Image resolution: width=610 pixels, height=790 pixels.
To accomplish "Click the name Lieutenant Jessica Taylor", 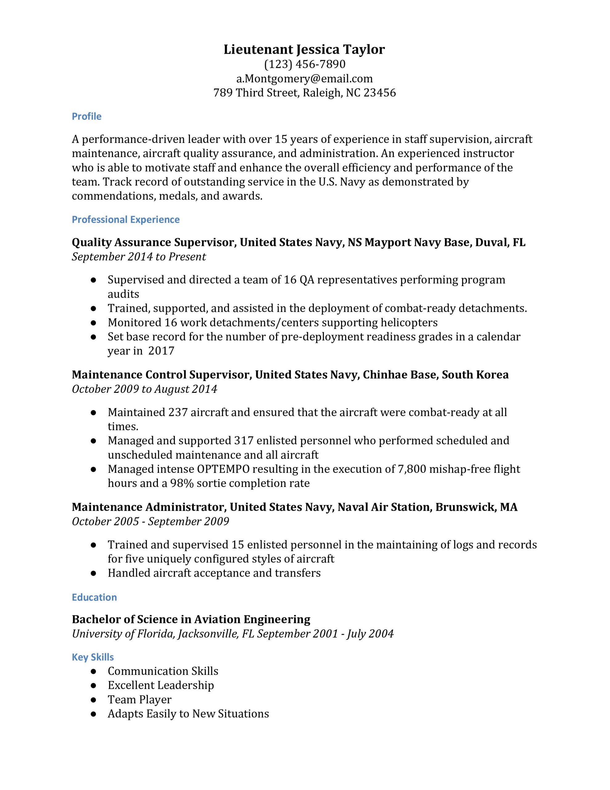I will [x=304, y=50].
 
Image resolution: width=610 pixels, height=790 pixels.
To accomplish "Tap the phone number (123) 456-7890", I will [x=304, y=64].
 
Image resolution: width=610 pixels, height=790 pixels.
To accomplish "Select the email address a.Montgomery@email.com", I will [x=304, y=78].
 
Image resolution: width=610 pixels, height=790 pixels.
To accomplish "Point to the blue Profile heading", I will [x=86, y=116].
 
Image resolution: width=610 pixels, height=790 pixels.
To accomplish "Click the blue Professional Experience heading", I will [x=126, y=220].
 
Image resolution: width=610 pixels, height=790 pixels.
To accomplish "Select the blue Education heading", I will [x=94, y=597].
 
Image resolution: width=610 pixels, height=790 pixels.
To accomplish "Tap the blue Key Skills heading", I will [x=93, y=657].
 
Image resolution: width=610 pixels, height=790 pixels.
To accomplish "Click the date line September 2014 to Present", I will [x=139, y=257].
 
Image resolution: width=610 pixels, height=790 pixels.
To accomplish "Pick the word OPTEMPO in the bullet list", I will [x=223, y=469].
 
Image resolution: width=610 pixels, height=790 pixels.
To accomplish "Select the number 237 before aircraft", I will [x=178, y=412].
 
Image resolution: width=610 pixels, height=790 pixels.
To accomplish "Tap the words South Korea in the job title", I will [x=475, y=375].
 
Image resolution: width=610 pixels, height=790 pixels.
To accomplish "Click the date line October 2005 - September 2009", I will [x=150, y=522].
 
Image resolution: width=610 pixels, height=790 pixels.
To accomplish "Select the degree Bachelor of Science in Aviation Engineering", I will [x=191, y=620].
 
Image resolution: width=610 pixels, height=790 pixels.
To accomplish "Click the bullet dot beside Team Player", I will [x=93, y=700].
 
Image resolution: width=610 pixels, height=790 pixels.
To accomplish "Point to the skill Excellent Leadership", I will [x=161, y=685].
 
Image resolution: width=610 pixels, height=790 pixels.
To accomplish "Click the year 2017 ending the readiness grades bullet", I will [x=161, y=351].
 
